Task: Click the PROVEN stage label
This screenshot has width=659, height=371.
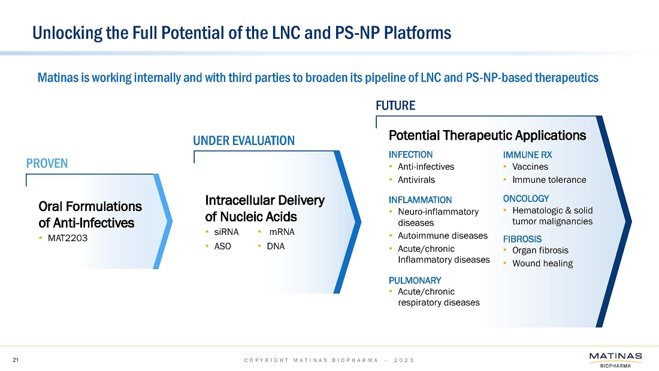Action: click(47, 163)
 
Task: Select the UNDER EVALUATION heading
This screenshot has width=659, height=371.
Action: click(244, 140)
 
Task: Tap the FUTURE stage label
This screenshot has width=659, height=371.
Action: click(395, 105)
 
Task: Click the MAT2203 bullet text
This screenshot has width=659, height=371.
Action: click(68, 238)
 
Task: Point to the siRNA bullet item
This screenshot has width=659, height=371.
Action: click(226, 232)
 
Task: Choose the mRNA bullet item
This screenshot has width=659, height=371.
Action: click(282, 232)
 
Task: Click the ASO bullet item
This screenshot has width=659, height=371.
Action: click(222, 246)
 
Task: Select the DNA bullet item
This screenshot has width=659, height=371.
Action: click(276, 246)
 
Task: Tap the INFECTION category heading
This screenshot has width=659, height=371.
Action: click(410, 155)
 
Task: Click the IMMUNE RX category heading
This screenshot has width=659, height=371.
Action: click(527, 155)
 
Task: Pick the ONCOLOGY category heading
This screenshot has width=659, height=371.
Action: click(526, 198)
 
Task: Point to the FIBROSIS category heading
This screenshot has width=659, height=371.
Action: click(522, 239)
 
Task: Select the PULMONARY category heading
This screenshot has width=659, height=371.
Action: click(415, 280)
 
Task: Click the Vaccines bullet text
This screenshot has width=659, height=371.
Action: click(530, 167)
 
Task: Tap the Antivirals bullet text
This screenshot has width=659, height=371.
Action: click(416, 180)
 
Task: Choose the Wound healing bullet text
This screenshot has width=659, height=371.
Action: click(543, 263)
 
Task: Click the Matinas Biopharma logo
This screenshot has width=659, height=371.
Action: click(616, 360)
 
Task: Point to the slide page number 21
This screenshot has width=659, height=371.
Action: click(16, 360)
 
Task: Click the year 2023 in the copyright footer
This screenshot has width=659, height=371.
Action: click(404, 360)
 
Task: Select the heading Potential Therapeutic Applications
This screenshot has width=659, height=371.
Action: click(487, 135)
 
